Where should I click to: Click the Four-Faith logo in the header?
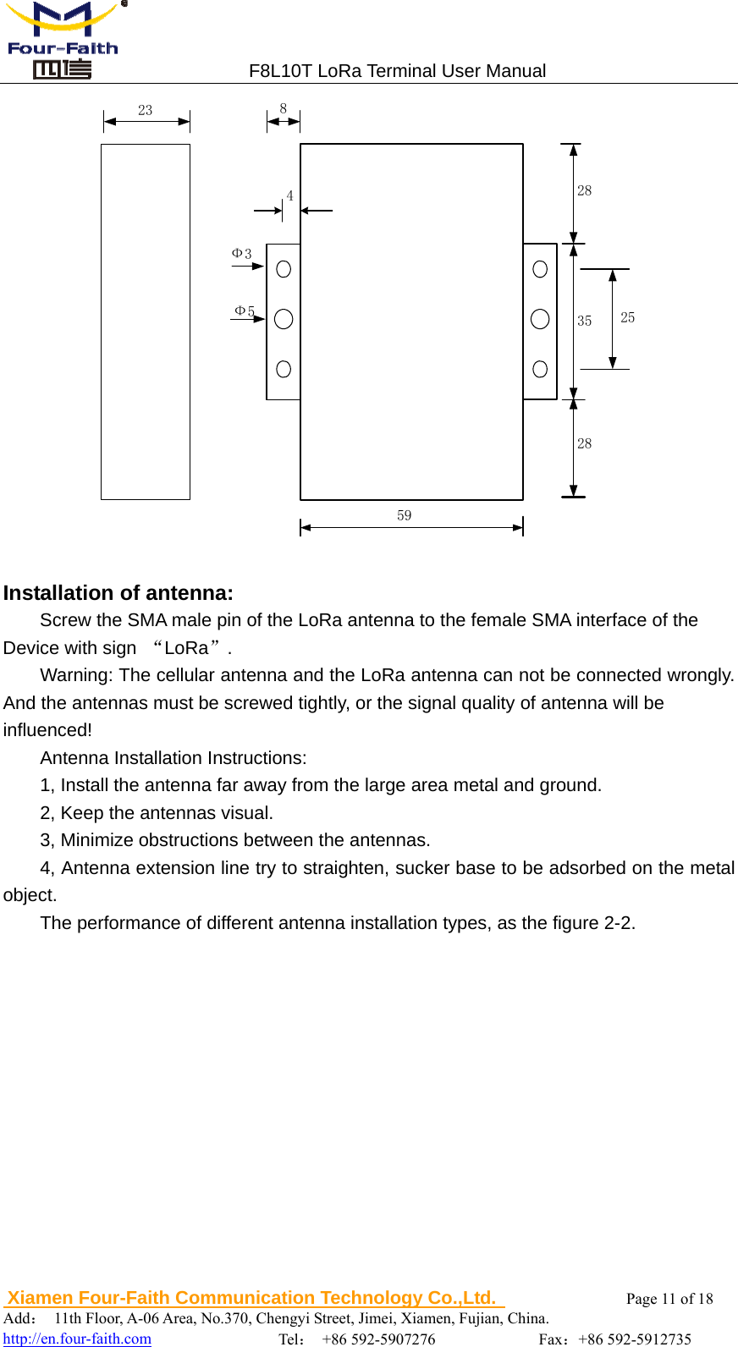click(63, 40)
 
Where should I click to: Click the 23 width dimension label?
click(146, 110)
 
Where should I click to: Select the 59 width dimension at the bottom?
click(405, 515)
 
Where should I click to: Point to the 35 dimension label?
click(585, 321)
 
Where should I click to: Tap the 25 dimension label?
click(627, 317)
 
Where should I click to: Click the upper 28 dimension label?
click(585, 190)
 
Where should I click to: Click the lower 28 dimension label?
click(585, 443)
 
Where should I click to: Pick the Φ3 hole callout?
click(242, 254)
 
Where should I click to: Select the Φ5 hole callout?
click(245, 311)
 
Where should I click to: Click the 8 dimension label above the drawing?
click(284, 108)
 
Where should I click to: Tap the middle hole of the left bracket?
click(284, 319)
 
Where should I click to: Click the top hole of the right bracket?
click(540, 269)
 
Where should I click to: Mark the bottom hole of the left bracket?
click(284, 369)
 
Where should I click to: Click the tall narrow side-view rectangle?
click(146, 322)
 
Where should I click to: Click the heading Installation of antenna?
click(118, 592)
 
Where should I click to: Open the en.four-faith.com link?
click(78, 1339)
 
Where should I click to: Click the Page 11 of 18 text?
click(669, 1299)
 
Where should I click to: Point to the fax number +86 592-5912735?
click(635, 1339)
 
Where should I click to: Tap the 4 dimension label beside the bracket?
click(289, 195)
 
